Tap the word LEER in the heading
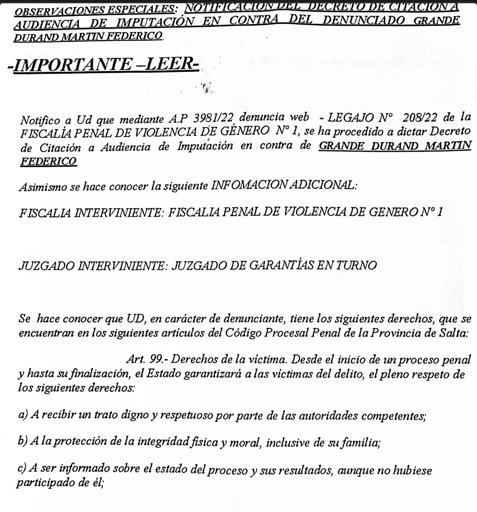click(171, 64)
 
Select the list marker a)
click(24, 416)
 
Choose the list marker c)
click(24, 469)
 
